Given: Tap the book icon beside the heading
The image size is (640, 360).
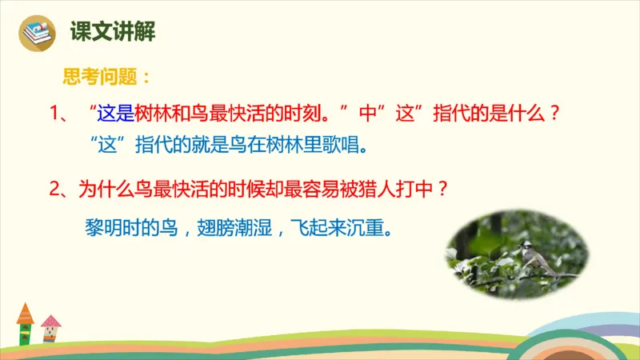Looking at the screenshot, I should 37,34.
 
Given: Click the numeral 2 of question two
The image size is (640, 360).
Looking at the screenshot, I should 55,190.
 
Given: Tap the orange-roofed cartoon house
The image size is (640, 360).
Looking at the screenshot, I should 25,324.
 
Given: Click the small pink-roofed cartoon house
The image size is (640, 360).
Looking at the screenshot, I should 50,329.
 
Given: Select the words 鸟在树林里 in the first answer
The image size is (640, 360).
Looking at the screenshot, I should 273,147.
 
